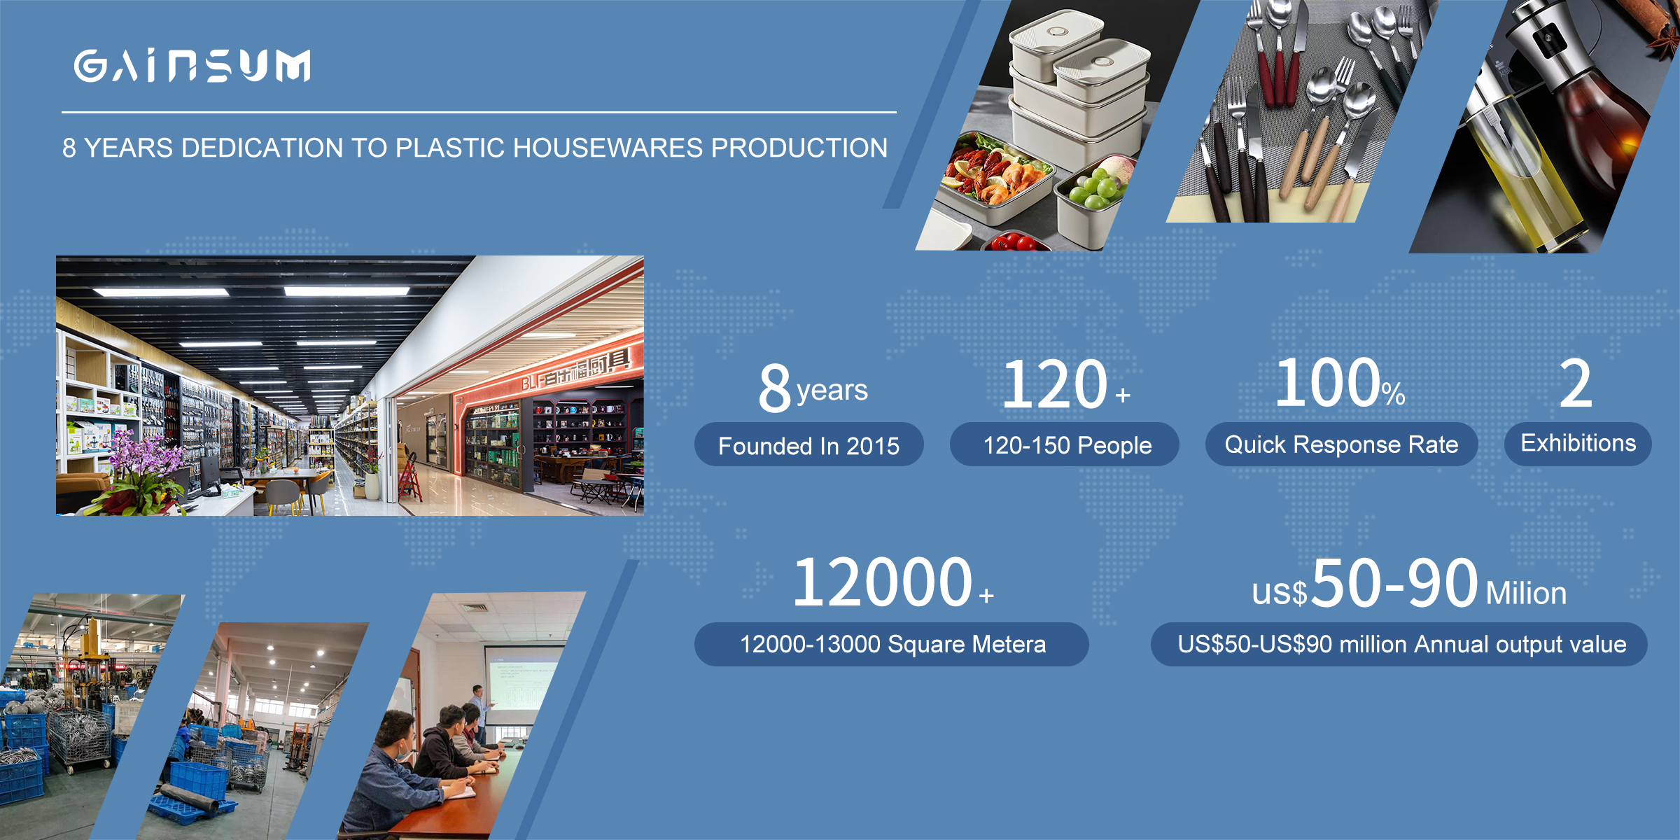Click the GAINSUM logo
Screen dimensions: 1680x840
192,66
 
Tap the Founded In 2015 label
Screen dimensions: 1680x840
808,445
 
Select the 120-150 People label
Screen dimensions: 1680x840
1067,444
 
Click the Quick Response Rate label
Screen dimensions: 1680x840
1341,444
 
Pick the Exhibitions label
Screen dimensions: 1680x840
1578,443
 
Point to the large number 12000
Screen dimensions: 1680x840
882,582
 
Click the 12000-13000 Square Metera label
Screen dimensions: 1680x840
892,644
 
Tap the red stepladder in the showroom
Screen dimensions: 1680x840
412,477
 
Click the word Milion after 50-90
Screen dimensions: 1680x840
1526,593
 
